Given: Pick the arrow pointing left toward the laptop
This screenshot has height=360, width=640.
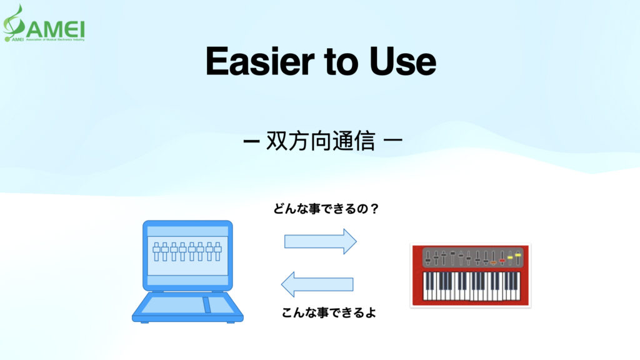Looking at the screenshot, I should click(x=317, y=284).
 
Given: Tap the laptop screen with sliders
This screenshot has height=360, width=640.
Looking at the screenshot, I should click(x=187, y=252).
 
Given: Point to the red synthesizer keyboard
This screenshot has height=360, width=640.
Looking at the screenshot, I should click(x=470, y=276).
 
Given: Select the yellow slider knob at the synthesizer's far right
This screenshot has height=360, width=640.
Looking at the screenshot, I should click(x=517, y=255).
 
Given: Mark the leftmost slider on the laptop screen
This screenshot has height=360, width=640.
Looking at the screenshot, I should click(x=156, y=251).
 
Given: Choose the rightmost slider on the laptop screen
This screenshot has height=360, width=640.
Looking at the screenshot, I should click(x=218, y=251).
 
